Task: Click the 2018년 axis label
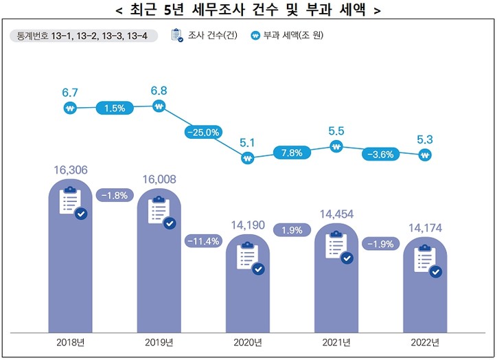pyautogui.click(x=71, y=341)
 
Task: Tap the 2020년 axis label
pyautogui.click(x=248, y=341)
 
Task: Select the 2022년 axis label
pyautogui.click(x=426, y=341)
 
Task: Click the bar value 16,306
pyautogui.click(x=70, y=169)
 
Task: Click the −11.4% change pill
pyautogui.click(x=203, y=241)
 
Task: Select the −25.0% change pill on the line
pyautogui.click(x=203, y=132)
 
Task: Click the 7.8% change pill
pyautogui.click(x=292, y=153)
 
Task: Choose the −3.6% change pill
pyautogui.click(x=380, y=154)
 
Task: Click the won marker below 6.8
pyautogui.click(x=159, y=106)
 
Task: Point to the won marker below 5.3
pyautogui.click(x=425, y=155)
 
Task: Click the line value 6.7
pyautogui.click(x=70, y=91)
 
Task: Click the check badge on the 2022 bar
pyautogui.click(x=435, y=272)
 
